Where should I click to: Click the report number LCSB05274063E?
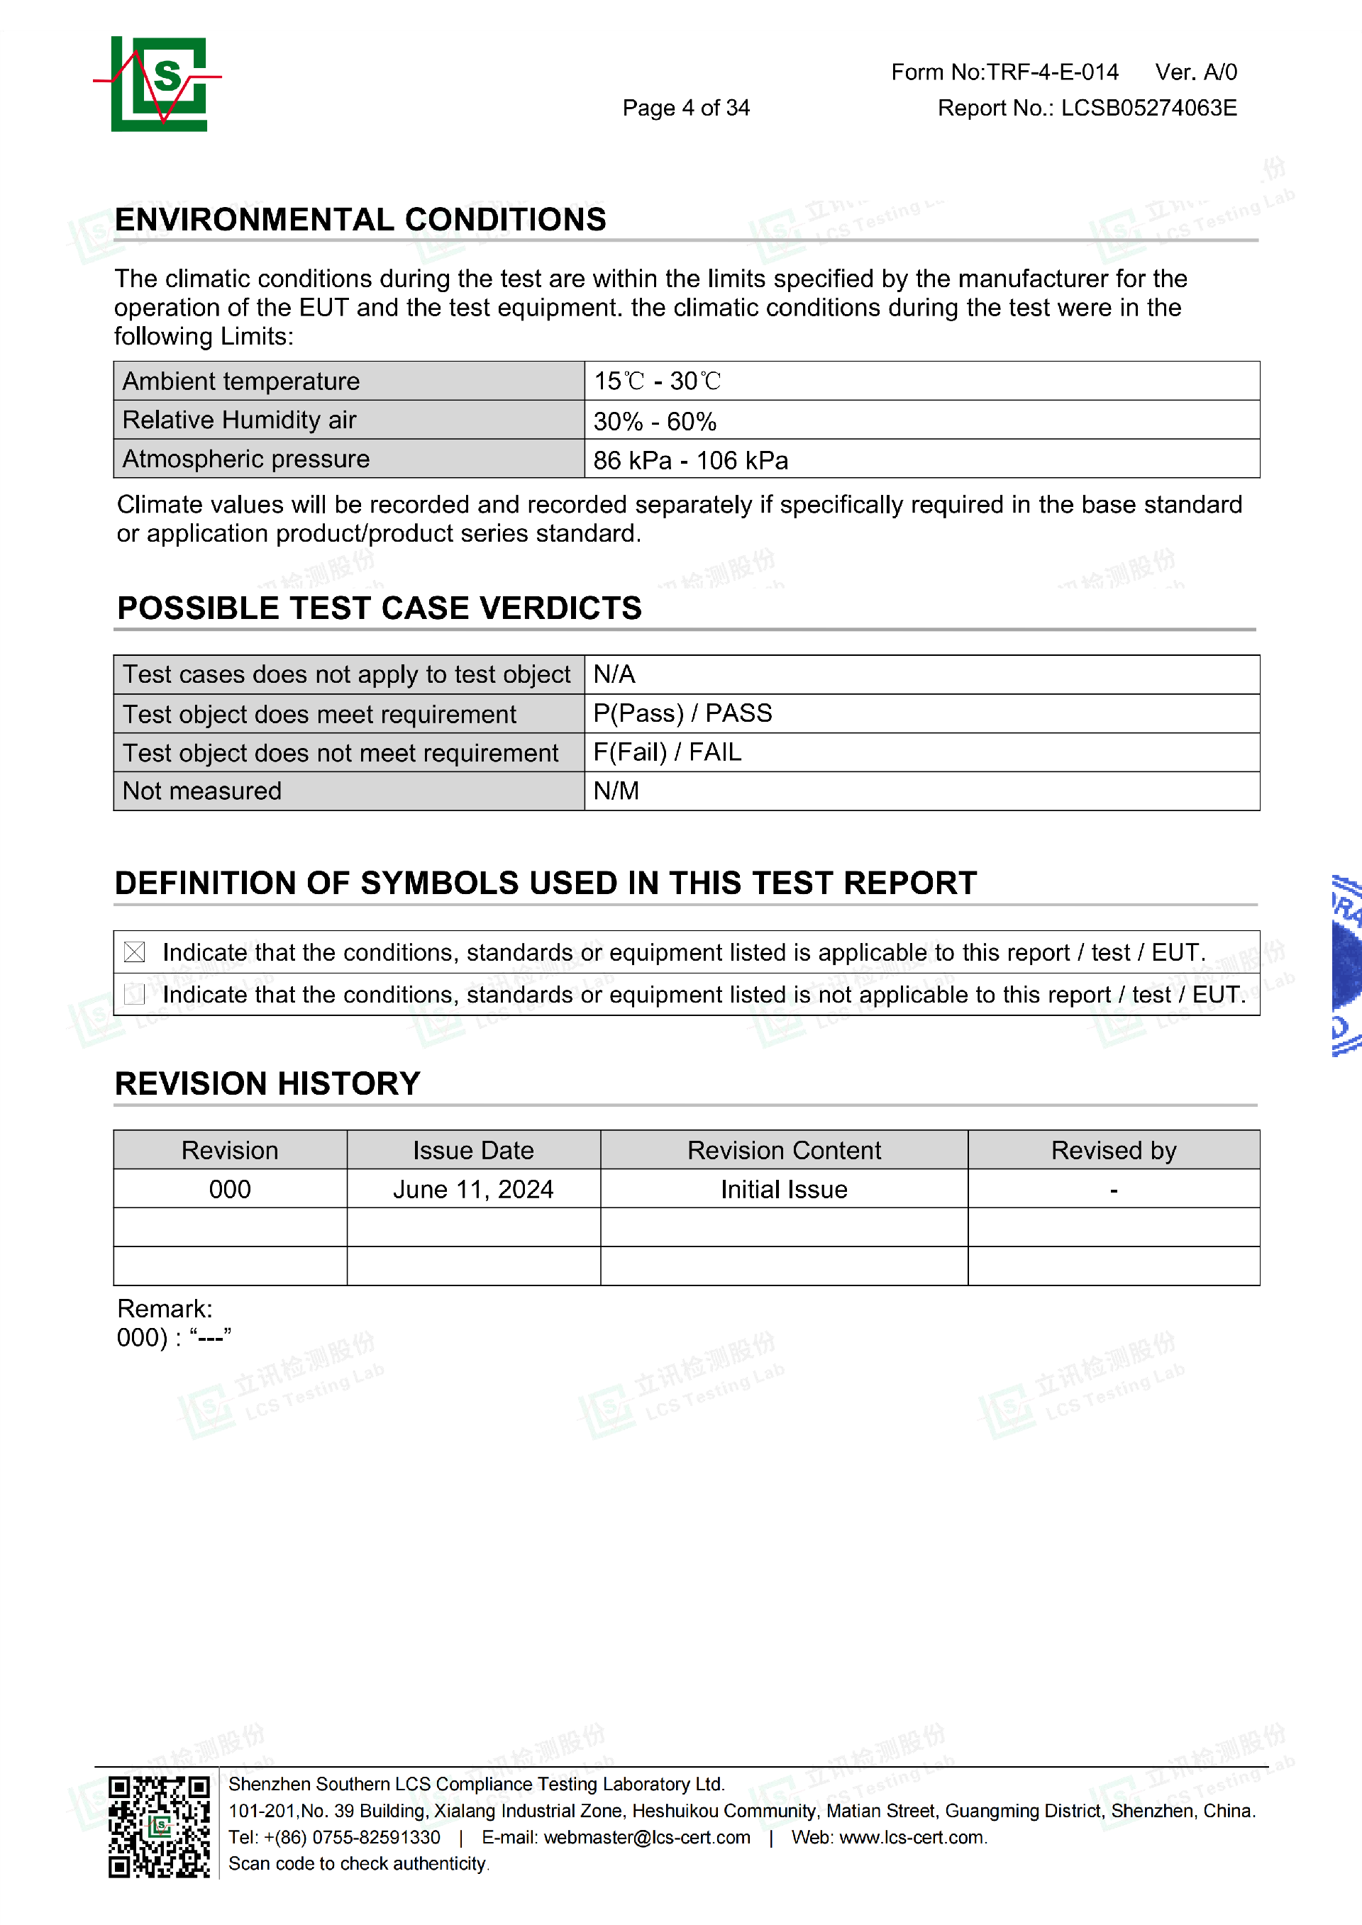pos(1148,108)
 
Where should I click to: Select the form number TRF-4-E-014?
pos(1052,72)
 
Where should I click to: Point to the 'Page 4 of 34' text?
pos(685,108)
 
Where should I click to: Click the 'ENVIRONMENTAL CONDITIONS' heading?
pos(360,220)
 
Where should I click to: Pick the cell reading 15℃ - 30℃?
pos(657,381)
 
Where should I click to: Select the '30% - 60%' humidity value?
pos(654,421)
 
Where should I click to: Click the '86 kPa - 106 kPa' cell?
pos(690,460)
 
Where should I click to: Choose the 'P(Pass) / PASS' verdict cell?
pos(682,713)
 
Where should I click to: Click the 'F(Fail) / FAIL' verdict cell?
pos(667,752)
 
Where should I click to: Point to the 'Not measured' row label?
pos(202,791)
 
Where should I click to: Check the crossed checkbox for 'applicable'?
pos(134,952)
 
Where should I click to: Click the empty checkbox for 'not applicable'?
pos(134,994)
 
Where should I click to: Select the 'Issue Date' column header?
pos(473,1150)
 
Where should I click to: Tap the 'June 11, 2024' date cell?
pos(473,1189)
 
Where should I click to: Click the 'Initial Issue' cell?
pos(783,1189)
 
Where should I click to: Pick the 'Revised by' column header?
pos(1113,1150)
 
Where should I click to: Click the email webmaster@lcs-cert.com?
pos(647,1837)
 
